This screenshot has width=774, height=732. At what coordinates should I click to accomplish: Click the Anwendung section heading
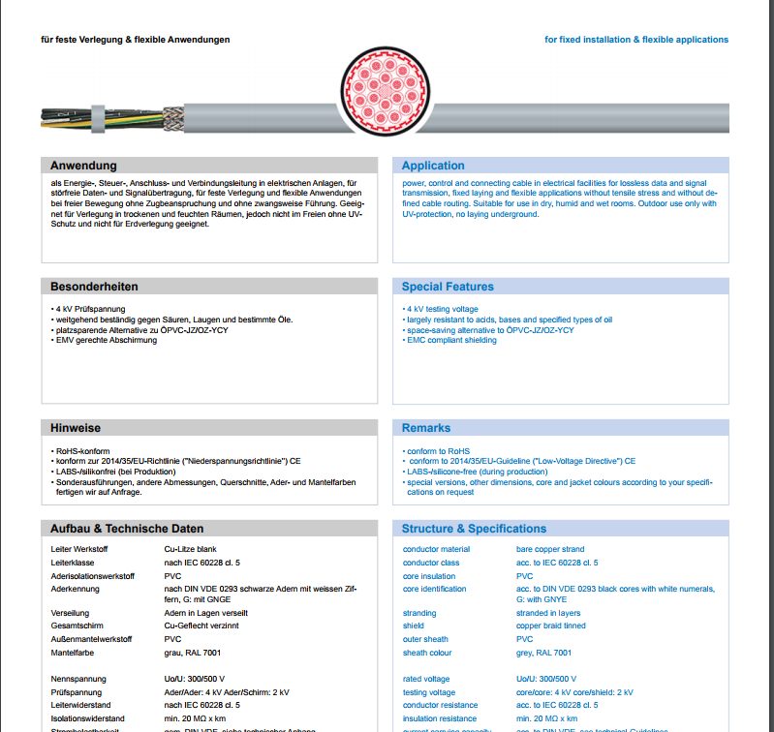pos(83,166)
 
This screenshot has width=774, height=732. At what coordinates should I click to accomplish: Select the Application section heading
pos(433,166)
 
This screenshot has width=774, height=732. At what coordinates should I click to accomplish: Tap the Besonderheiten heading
pos(94,287)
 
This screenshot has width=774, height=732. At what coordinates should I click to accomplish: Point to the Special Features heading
pos(448,287)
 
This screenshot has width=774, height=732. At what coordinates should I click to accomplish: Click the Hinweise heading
pos(76,428)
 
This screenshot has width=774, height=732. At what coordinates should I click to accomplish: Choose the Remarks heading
pos(426,428)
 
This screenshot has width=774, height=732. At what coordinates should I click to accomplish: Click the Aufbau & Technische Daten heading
pos(127,529)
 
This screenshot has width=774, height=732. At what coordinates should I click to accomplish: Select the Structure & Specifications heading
pos(474,529)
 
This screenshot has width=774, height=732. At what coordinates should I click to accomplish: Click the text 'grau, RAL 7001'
pos(192,653)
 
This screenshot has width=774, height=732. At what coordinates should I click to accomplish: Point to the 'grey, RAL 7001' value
pos(543,653)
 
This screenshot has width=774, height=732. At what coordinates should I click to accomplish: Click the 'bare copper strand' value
pos(549,549)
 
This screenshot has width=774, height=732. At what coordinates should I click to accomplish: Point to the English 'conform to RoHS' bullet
pos(438,451)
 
